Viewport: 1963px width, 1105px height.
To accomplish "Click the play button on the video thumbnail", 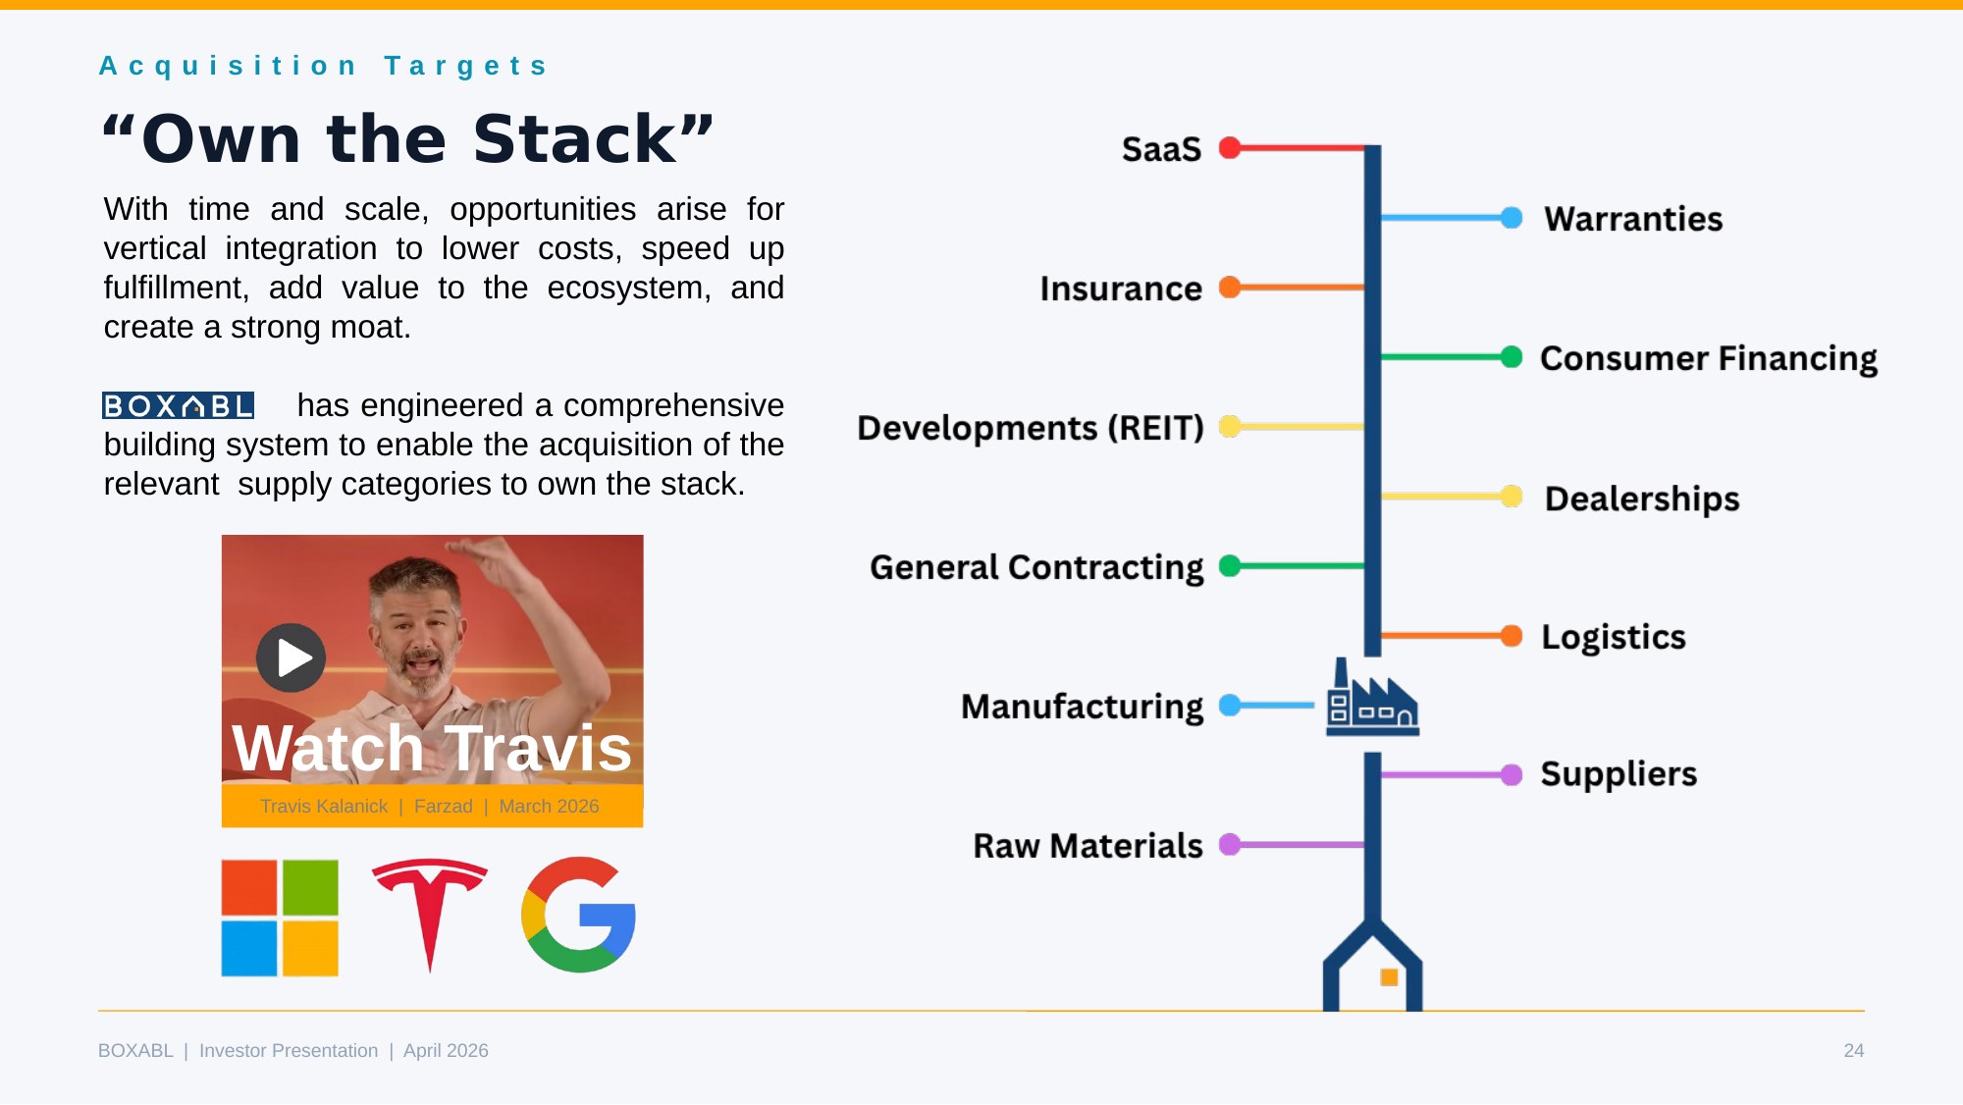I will click(x=292, y=658).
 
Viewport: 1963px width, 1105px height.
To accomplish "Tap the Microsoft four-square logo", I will click(x=280, y=918).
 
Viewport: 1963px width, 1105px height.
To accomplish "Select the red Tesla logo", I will click(x=430, y=913).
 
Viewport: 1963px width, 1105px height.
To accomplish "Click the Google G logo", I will click(x=579, y=915).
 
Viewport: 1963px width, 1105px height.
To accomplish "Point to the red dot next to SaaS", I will click(x=1230, y=148).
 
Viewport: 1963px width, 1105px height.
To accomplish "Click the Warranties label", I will click(x=1632, y=219).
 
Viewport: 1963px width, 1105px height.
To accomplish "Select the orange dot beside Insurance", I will click(x=1230, y=288).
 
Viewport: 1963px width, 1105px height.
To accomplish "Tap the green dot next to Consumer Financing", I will click(x=1512, y=357).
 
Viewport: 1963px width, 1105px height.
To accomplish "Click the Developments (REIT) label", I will click(x=1030, y=428).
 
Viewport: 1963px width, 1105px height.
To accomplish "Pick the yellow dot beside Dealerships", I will click(x=1512, y=497).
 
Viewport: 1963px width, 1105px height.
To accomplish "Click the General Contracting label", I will click(x=1035, y=567).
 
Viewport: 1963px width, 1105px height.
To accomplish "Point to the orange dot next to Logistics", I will click(x=1512, y=636).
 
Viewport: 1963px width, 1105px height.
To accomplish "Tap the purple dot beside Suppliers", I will click(x=1512, y=775).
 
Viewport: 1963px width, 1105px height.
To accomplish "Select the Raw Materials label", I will click(x=1087, y=846).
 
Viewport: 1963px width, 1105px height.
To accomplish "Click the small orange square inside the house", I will click(x=1389, y=977).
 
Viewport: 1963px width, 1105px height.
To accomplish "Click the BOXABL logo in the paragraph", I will click(x=179, y=405).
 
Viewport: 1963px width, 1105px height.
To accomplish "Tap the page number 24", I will click(x=1853, y=1051).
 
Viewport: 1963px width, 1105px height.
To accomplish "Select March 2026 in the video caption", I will click(x=549, y=807).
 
